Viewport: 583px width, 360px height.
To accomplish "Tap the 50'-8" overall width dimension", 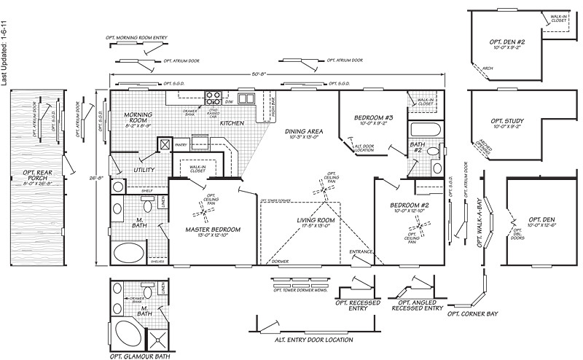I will pyautogui.click(x=279, y=73).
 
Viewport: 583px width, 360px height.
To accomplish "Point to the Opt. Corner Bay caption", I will pyautogui.click(x=473, y=313).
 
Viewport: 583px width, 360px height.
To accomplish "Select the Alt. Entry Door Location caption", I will pyautogui.click(x=313, y=340).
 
